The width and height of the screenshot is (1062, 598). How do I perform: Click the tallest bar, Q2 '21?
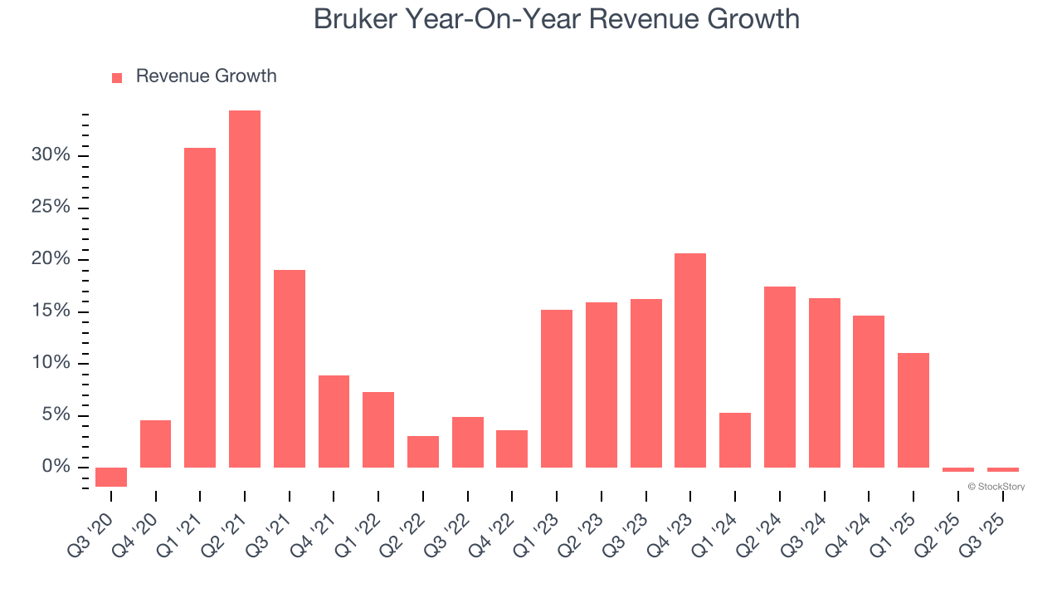pos(245,289)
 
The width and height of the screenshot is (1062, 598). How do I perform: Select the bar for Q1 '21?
pos(200,307)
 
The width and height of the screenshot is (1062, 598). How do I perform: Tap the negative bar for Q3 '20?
pos(111,477)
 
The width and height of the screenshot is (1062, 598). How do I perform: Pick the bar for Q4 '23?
pos(690,360)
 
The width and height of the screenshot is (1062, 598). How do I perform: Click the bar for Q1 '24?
pos(735,440)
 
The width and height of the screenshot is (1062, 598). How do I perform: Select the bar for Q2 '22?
pos(423,452)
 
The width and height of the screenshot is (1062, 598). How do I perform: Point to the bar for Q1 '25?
pos(913,410)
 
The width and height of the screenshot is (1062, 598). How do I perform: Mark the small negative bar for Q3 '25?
pos(1002,470)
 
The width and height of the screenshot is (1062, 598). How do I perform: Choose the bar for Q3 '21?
pos(290,369)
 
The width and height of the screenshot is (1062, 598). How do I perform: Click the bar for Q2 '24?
pos(780,377)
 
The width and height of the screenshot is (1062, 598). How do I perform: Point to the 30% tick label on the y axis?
pos(51,155)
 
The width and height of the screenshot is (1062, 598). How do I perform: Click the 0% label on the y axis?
pos(56,467)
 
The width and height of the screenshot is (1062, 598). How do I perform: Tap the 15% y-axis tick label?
pos(51,311)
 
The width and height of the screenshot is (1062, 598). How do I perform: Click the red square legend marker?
pos(117,77)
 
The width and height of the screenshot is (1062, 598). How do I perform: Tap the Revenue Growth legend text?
pos(206,76)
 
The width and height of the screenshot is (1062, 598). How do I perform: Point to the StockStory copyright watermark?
pos(996,487)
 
